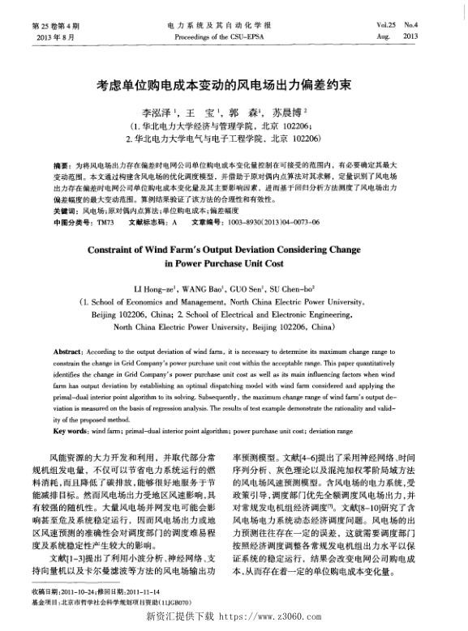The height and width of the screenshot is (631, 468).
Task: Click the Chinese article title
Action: click(233, 83)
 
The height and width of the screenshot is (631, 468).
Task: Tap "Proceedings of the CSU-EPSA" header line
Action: click(233, 38)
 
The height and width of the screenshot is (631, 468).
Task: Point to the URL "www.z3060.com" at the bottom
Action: click(268, 618)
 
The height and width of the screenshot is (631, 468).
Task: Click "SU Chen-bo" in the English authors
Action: click(300, 288)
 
